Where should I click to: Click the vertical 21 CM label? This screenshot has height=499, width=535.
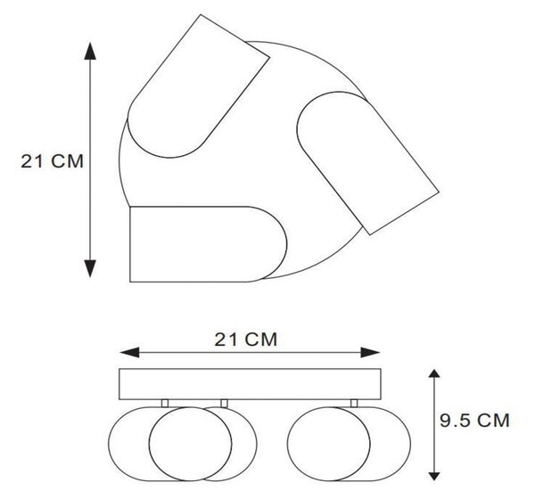coord(53,161)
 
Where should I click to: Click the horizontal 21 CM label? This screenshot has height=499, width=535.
coord(246,339)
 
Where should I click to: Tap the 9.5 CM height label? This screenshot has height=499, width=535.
coord(474,421)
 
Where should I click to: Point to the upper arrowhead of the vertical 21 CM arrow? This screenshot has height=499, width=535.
coord(90,51)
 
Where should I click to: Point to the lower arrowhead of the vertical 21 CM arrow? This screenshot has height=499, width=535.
coord(90,268)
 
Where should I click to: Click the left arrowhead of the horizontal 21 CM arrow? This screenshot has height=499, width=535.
coord(129,353)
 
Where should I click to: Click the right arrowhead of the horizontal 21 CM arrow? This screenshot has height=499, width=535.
coord(371,353)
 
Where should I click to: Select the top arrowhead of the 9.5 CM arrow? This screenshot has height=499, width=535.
coord(434,373)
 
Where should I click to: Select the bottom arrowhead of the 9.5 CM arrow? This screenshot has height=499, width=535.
coord(434,476)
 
